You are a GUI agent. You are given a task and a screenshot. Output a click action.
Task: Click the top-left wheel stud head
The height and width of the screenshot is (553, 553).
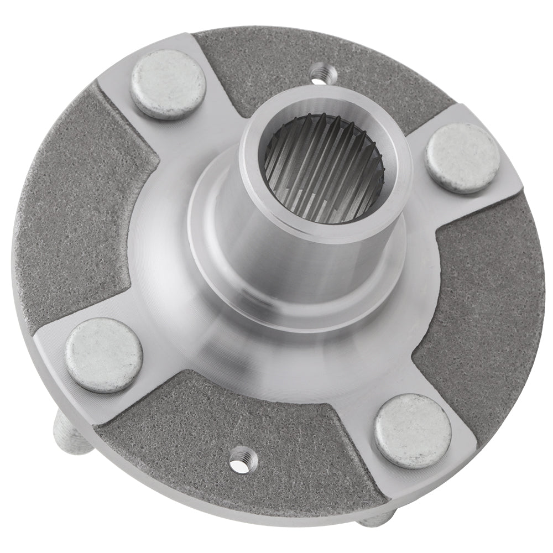point(168,84)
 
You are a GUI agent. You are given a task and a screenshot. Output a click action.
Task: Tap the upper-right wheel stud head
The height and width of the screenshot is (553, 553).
point(463,158)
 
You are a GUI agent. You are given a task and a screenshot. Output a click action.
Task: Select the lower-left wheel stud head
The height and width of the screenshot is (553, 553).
point(104,354)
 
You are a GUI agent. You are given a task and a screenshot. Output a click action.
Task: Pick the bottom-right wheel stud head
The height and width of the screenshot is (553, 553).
point(413,431)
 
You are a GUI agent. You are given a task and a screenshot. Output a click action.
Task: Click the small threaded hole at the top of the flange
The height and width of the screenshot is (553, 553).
point(319,72)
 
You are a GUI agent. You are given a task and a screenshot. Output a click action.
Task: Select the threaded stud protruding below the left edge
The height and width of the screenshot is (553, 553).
point(69,437)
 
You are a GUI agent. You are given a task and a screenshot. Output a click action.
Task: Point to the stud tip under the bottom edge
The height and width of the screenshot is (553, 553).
point(376,519)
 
